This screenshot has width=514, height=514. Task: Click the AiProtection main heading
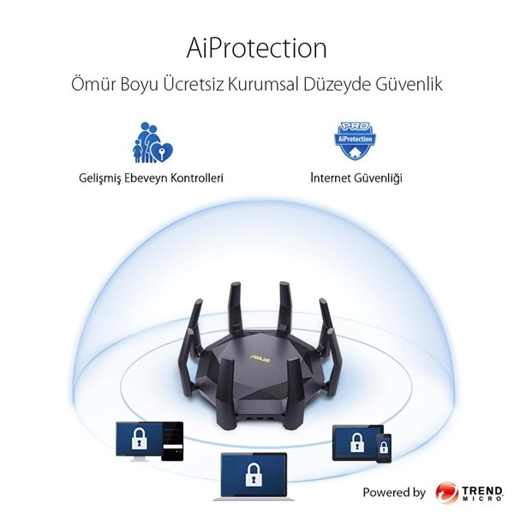click(x=257, y=49)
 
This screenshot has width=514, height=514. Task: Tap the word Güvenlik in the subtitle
click(x=409, y=85)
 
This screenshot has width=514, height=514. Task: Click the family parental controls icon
click(x=152, y=142)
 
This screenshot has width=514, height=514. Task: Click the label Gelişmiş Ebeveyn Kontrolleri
click(x=151, y=178)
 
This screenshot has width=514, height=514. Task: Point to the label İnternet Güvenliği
click(x=356, y=178)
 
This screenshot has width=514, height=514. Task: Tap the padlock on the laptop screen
click(x=254, y=474)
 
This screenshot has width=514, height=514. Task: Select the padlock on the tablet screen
click(x=357, y=442)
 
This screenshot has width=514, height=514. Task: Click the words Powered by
click(x=394, y=493)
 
